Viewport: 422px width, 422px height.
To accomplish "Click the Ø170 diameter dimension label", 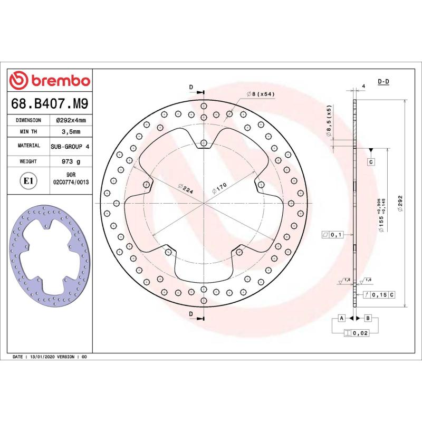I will (x=219, y=188).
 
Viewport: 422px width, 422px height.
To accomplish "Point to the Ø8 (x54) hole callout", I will (x=260, y=94).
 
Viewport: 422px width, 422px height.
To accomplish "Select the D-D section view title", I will (x=383, y=81).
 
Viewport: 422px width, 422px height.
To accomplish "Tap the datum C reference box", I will (x=371, y=161).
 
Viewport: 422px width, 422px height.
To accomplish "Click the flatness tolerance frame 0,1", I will (x=333, y=234).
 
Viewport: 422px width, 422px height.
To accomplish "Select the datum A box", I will (x=341, y=318).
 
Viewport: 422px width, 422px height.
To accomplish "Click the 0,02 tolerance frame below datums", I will (x=356, y=333).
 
